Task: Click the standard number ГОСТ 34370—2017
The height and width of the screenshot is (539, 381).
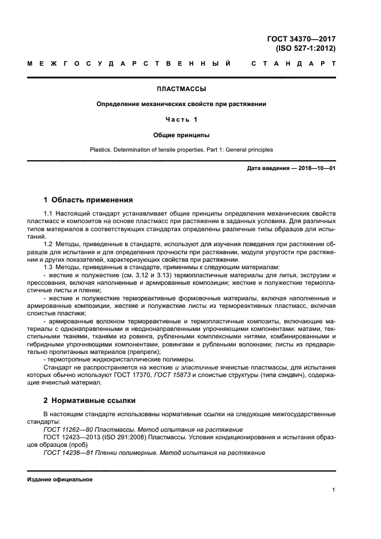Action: coord(301,39)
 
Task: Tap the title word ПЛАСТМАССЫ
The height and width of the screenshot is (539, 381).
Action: coord(182,89)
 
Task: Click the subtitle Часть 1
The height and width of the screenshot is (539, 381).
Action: coord(182,119)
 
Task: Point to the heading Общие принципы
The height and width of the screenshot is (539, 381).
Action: coord(182,135)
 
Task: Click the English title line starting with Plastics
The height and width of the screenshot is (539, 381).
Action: coord(182,150)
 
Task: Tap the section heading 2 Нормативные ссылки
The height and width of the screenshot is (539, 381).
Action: coord(90,399)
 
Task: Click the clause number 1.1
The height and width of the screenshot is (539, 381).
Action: coord(48,214)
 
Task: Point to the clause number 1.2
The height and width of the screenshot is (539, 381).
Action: coord(48,244)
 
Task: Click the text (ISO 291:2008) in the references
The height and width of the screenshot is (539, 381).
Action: coord(120,438)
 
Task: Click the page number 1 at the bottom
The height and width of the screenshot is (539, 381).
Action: coord(334,490)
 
